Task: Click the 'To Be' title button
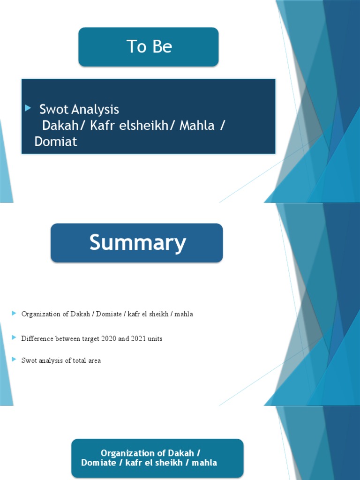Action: [149, 47]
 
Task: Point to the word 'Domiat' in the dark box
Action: [56, 142]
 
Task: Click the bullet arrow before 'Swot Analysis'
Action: [28, 108]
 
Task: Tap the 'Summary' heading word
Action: [137, 243]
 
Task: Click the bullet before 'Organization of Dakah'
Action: [15, 313]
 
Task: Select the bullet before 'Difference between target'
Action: [15, 337]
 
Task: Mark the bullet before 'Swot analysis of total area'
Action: [15, 360]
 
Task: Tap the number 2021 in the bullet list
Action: [134, 338]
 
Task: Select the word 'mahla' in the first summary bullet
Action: [184, 314]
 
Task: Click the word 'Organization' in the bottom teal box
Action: [127, 453]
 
